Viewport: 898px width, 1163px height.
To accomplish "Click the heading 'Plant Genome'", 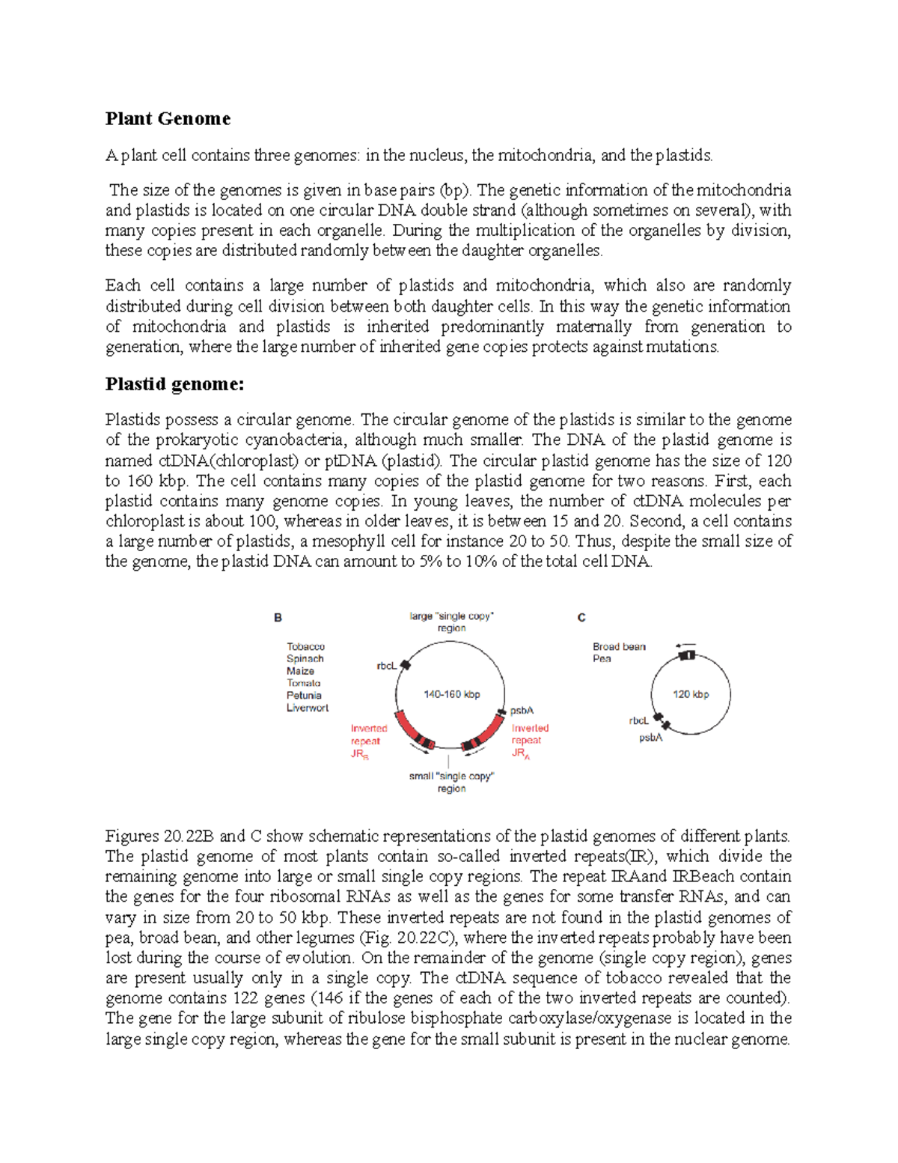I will click(168, 118).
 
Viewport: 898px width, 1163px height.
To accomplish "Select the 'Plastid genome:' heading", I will click(174, 384).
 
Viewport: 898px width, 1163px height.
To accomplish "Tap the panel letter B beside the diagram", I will click(278, 618).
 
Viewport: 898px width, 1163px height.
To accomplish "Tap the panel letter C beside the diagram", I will click(581, 618).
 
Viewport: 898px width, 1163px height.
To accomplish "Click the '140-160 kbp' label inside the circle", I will click(451, 694).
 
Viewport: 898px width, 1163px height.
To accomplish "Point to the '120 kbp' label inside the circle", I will click(690, 694).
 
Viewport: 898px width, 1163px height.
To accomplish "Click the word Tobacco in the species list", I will click(305, 646).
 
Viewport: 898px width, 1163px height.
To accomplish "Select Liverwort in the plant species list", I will click(307, 708).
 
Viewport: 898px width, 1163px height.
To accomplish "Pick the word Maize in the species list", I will click(300, 671).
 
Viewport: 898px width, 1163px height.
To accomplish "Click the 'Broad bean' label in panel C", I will click(619, 646).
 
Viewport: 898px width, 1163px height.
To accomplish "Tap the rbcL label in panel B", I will click(386, 666).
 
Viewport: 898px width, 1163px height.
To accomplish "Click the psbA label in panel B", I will click(522, 711).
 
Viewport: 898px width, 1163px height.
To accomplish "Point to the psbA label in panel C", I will click(650, 738).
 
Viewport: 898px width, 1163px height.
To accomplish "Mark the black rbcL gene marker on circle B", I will click(406, 664).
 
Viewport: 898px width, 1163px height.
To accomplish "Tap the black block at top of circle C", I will click(687, 656).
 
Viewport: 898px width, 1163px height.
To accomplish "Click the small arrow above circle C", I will click(685, 645).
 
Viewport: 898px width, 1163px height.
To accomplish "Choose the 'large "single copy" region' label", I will click(451, 622).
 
